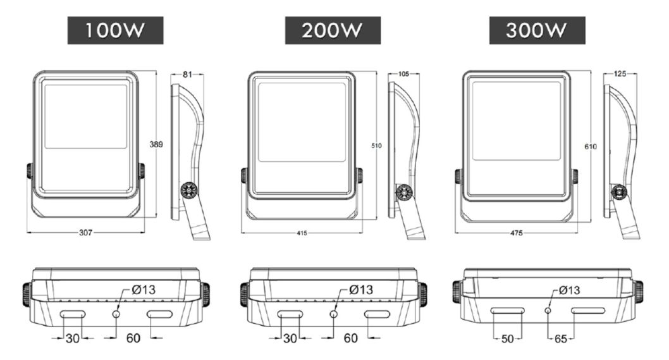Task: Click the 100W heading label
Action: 115,30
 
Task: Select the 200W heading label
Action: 333,30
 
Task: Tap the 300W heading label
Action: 537,30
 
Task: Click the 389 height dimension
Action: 156,144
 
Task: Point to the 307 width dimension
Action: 85,233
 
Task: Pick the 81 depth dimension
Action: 187,74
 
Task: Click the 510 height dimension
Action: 376,146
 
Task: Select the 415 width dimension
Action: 302,233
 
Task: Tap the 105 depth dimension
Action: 403,74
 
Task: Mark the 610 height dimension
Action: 591,147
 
